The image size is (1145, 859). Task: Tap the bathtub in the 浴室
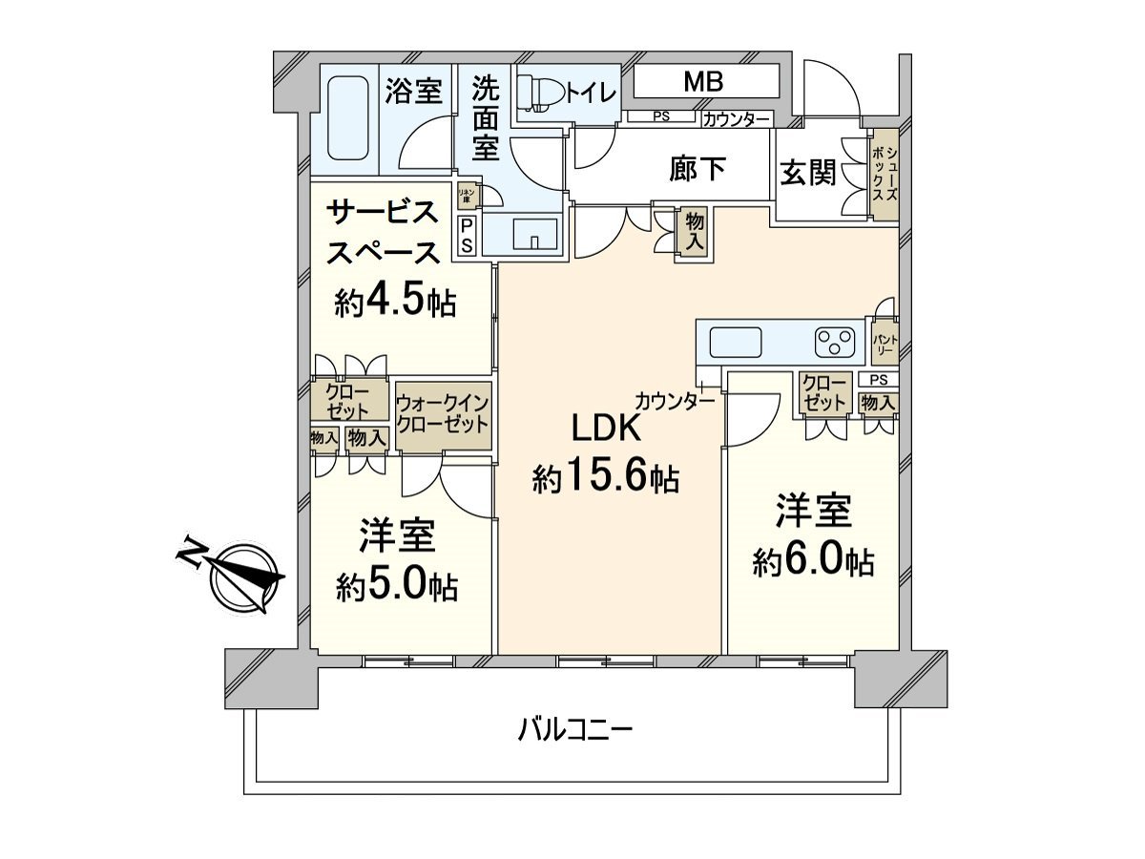tap(346, 119)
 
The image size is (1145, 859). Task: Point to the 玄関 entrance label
tap(808, 173)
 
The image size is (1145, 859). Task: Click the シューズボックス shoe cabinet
tap(884, 175)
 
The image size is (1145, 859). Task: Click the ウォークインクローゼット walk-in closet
tap(442, 413)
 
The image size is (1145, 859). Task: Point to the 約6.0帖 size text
tap(813, 561)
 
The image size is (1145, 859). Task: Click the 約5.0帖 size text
tap(397, 584)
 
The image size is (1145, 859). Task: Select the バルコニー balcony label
tap(575, 732)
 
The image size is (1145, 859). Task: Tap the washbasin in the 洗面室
tap(532, 234)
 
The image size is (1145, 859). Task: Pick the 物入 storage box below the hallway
tap(694, 232)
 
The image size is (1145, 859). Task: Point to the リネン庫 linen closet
tap(467, 195)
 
